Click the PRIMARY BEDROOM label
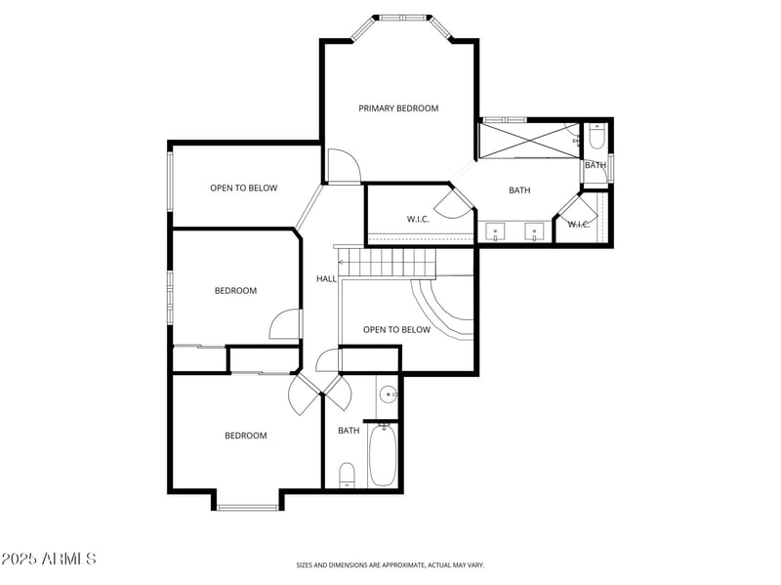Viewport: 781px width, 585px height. pos(398,108)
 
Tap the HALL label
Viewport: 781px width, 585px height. pos(326,278)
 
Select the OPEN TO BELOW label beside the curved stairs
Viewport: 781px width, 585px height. pos(396,330)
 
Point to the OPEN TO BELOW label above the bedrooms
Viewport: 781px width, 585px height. pos(243,188)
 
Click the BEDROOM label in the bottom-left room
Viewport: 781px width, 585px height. pos(245,436)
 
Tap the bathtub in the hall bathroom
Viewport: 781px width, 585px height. pos(383,455)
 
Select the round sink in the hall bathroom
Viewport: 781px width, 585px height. pos(389,395)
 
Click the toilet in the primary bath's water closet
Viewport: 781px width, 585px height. pos(597,139)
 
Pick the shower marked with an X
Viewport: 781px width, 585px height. pos(528,140)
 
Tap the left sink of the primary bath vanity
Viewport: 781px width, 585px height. pos(495,231)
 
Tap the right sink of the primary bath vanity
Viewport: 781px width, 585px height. pos(534,231)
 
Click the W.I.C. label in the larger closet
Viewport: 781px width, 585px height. pos(418,219)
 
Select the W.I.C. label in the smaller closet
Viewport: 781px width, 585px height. pos(579,225)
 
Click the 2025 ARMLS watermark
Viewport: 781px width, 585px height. pos(49,559)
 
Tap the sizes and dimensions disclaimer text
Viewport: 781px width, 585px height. pos(390,564)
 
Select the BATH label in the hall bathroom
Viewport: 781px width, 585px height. pos(349,431)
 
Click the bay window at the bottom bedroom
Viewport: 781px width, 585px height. pos(247,506)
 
